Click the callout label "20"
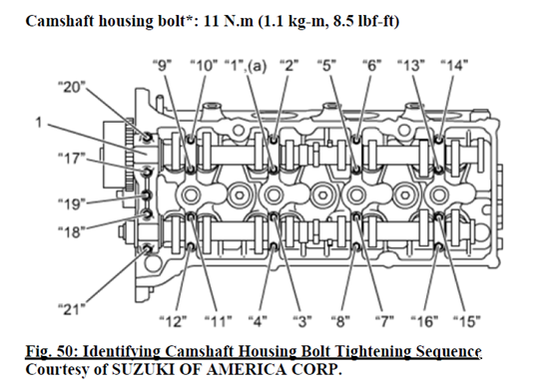(x=72, y=87)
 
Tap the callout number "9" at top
(x=162, y=65)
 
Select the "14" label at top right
(x=454, y=65)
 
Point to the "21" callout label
(x=72, y=309)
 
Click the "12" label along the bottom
(x=173, y=321)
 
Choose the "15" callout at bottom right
(x=467, y=321)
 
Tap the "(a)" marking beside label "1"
(x=257, y=66)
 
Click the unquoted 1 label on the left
(x=38, y=123)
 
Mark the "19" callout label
(x=72, y=203)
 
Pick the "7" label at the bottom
(x=384, y=321)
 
